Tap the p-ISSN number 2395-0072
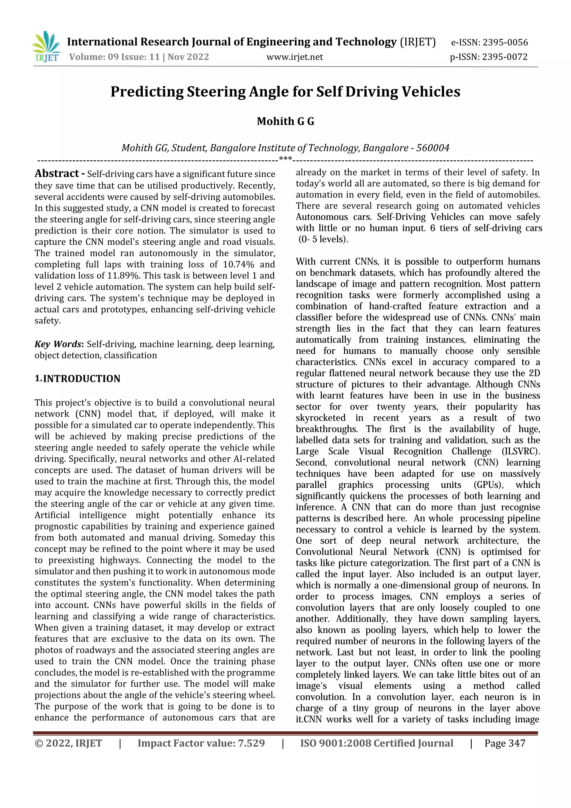pyautogui.click(x=505, y=57)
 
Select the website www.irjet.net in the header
pyautogui.click(x=294, y=57)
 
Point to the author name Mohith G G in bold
pyautogui.click(x=285, y=121)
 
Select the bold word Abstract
pyautogui.click(x=57, y=173)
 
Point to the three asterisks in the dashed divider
pyautogui.click(x=285, y=159)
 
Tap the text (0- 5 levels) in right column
pyautogui.click(x=323, y=239)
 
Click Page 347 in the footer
pyautogui.click(x=505, y=743)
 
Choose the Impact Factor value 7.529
pyautogui.click(x=251, y=743)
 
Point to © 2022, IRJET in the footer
pyautogui.click(x=68, y=743)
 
